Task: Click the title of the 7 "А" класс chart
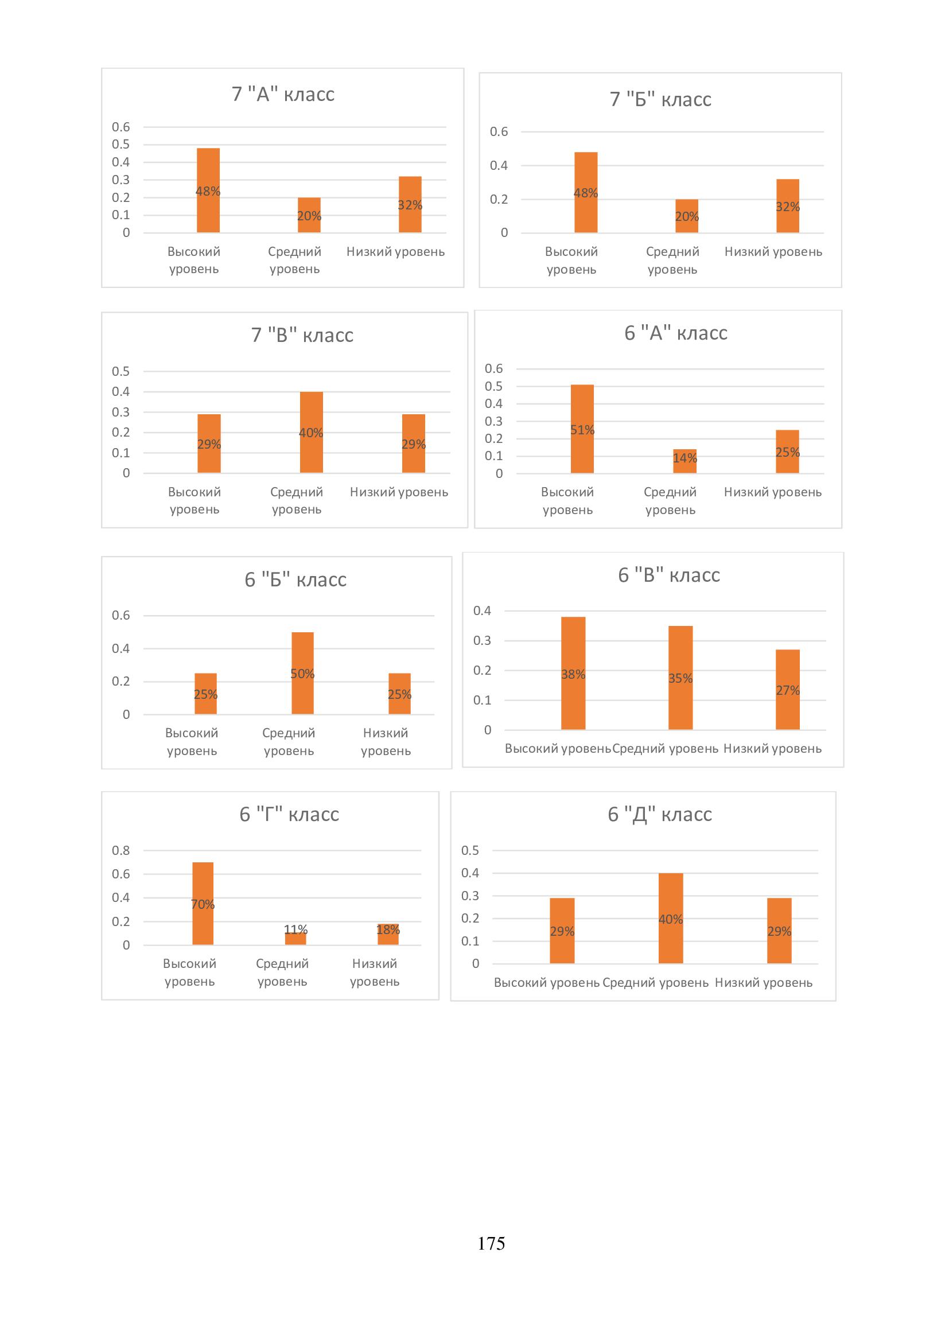coord(283,94)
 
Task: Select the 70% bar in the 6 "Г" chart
coord(203,903)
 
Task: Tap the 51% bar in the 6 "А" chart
coord(582,429)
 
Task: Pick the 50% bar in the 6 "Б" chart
coord(303,673)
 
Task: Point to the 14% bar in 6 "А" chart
coord(685,461)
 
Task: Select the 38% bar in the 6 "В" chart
coord(573,673)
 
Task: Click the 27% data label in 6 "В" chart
coord(788,690)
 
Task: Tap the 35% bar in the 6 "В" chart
coord(681,678)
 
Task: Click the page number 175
coord(491,1243)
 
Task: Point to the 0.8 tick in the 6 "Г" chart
coord(121,850)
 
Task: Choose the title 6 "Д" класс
coord(660,814)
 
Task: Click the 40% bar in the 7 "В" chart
coord(312,432)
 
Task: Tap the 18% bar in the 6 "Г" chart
coord(388,934)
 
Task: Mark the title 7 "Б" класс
coord(660,99)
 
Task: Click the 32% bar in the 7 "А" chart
coord(410,205)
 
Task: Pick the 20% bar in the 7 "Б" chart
coord(687,216)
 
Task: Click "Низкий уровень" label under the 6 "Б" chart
coord(386,742)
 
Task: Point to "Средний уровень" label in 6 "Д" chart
coord(656,982)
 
